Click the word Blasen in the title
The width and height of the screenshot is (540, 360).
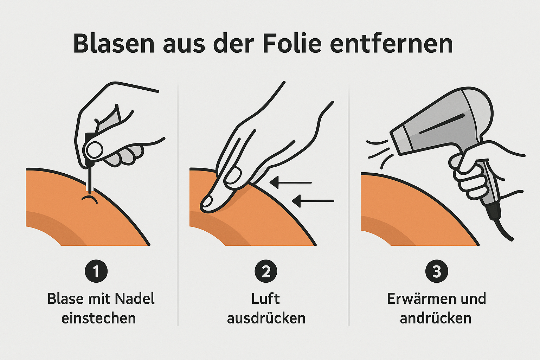pyautogui.click(x=114, y=44)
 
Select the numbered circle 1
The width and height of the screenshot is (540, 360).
pyautogui.click(x=96, y=271)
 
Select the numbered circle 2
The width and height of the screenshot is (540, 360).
pyautogui.click(x=266, y=271)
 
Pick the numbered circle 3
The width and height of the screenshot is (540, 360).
pyautogui.click(x=436, y=271)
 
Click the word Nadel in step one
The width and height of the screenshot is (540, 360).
pyautogui.click(x=135, y=299)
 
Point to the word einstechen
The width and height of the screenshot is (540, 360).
pyautogui.click(x=98, y=318)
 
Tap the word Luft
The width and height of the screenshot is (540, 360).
pyautogui.click(x=265, y=299)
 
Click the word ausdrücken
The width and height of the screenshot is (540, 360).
pyautogui.click(x=266, y=318)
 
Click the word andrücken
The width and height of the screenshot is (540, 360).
pyautogui.click(x=436, y=318)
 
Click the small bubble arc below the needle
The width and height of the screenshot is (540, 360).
pyautogui.click(x=89, y=199)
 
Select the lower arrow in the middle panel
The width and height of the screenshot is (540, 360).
pyautogui.click(x=313, y=201)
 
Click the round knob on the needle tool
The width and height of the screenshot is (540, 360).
pyautogui.click(x=95, y=150)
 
